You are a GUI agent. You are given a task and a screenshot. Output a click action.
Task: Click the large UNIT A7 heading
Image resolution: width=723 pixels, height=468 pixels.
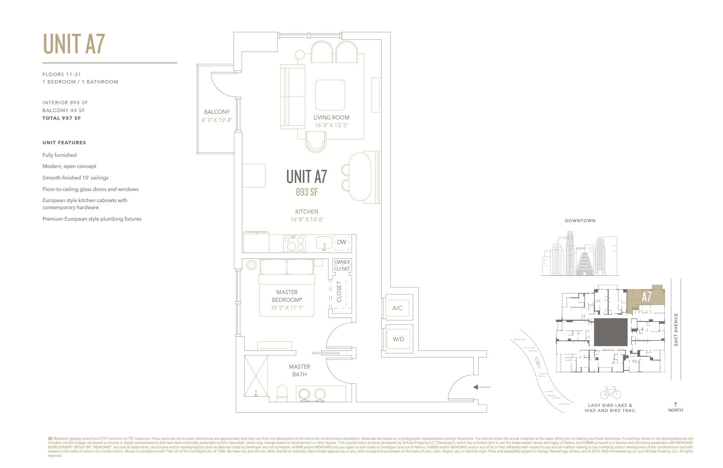point(74,44)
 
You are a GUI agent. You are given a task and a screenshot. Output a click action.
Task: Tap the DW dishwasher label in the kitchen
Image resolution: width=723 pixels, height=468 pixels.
point(341,242)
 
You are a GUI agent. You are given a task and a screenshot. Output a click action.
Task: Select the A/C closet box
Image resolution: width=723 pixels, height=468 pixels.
point(397,308)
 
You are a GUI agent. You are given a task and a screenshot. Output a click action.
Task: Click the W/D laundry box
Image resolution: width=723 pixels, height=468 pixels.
point(398,339)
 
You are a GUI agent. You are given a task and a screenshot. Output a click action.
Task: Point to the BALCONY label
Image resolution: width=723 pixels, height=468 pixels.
point(217,112)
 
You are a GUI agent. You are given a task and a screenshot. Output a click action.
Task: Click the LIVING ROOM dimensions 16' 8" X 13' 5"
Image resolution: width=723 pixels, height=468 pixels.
point(331,125)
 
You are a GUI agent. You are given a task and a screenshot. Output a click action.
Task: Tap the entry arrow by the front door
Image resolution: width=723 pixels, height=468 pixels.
point(482,387)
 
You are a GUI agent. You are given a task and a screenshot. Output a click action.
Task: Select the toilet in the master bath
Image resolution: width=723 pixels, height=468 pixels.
point(282,394)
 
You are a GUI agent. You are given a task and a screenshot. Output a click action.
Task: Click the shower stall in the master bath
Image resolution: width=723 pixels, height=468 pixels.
point(256,376)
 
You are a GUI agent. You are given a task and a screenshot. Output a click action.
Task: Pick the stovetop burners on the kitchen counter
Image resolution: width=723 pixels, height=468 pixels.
point(294,243)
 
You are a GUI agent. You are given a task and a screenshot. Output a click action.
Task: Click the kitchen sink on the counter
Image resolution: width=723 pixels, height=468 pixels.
point(324,243)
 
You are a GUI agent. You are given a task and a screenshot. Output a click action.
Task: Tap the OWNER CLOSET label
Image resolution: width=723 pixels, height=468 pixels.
point(342,265)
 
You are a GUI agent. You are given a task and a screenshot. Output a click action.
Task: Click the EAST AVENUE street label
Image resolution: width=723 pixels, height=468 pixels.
point(676,329)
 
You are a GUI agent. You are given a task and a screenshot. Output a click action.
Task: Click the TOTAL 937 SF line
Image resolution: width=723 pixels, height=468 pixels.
point(62,118)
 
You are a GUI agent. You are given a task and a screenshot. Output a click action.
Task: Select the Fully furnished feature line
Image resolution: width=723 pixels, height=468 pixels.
point(60,155)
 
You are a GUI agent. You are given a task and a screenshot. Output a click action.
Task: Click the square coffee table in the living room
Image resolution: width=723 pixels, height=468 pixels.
point(330,95)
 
